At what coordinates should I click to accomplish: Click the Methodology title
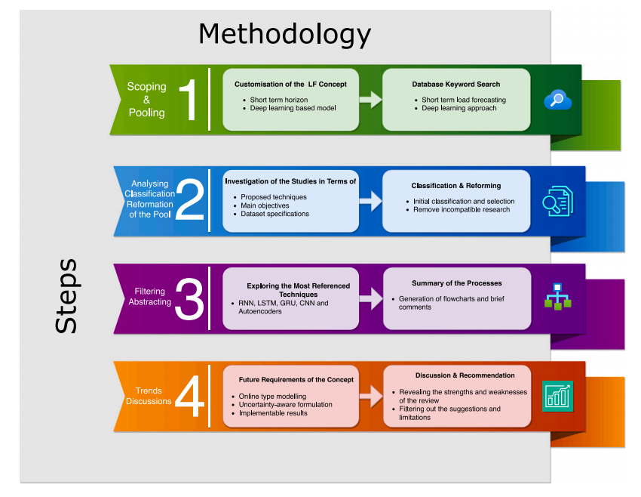point(284,34)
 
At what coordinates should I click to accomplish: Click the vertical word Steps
point(66,296)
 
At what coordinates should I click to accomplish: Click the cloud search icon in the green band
point(558,100)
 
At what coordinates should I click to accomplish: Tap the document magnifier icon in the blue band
point(557,201)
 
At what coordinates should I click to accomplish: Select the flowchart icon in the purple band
point(557,297)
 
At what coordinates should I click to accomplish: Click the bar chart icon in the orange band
point(557,397)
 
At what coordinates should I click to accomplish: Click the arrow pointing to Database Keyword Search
point(370,100)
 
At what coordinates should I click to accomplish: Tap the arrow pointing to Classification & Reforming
point(370,201)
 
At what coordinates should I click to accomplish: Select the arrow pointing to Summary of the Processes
point(370,298)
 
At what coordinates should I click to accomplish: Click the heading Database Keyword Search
point(455,84)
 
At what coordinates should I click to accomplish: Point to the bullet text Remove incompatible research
point(462,209)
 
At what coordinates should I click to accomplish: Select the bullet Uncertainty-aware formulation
point(286,405)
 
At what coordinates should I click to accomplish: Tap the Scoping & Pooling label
point(146,100)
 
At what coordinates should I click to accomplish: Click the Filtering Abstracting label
point(150,297)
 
